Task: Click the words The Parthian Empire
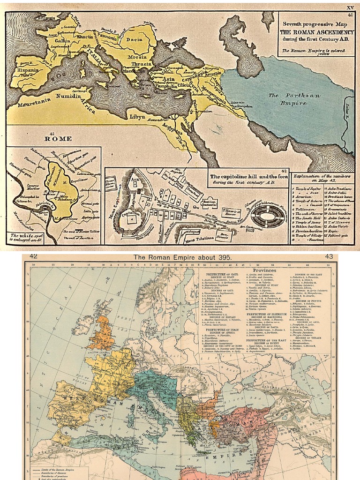pos(287,99)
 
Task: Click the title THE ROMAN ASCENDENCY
pos(315,32)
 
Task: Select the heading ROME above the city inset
pos(58,139)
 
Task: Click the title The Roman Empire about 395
pos(180,257)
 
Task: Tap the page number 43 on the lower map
pos(329,256)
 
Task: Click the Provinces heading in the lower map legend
pos(265,270)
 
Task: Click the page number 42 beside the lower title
pos(33,256)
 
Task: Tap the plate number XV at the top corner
pos(350,7)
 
